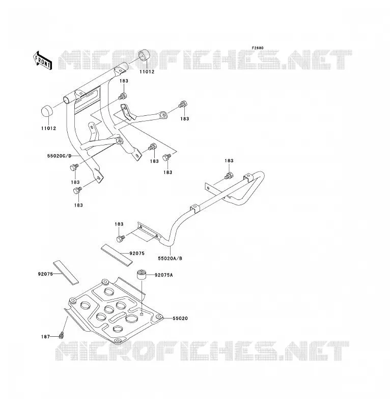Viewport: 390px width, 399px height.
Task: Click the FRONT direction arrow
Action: point(42,61)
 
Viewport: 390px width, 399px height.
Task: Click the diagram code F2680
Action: point(258,48)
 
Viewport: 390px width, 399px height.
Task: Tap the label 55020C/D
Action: point(60,156)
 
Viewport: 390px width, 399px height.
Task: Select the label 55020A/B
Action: point(170,259)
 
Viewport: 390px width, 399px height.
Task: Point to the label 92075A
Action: point(164,275)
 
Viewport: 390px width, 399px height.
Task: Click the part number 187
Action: point(45,337)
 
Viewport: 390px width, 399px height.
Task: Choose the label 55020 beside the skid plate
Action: point(180,318)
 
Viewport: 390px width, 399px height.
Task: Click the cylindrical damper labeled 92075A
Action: point(142,275)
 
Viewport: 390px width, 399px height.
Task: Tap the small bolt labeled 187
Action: point(61,336)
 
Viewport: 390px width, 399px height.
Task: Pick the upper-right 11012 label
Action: point(147,72)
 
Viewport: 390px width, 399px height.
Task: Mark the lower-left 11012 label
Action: point(48,129)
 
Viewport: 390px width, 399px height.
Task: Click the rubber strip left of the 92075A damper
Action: point(117,255)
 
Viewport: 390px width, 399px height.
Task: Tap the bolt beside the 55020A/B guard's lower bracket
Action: point(120,239)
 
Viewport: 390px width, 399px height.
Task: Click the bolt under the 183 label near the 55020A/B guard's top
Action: point(229,176)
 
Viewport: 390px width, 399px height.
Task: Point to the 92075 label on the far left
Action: point(45,274)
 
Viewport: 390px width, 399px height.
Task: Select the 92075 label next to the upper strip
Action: point(137,254)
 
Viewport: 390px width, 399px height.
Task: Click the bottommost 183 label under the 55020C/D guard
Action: point(78,205)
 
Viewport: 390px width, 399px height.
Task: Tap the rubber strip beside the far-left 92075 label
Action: point(66,272)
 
